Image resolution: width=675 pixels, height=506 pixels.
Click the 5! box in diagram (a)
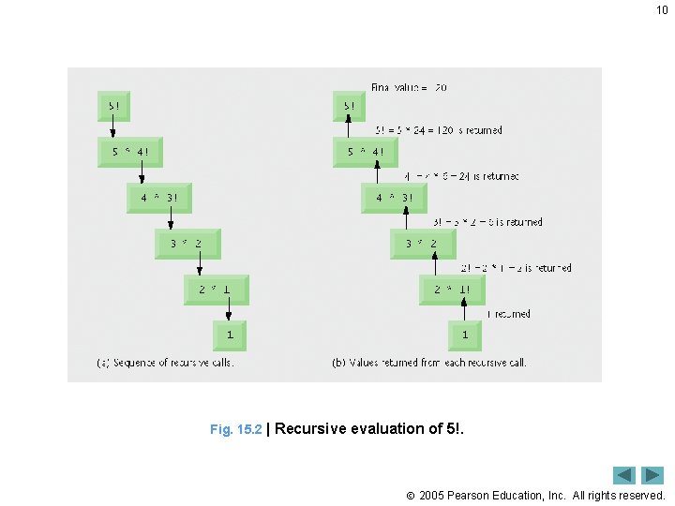[x=113, y=106]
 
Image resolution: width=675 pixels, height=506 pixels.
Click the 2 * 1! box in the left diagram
[x=217, y=290]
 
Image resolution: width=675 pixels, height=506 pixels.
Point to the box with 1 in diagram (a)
[x=231, y=334]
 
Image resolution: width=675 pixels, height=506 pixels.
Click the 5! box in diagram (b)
[x=349, y=106]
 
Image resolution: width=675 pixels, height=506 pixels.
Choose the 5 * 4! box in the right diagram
[x=366, y=152]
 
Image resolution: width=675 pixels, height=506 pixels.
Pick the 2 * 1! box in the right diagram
[x=452, y=290]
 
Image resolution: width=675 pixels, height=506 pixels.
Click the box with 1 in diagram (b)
[x=465, y=334]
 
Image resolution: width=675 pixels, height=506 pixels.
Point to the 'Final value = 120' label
[x=409, y=87]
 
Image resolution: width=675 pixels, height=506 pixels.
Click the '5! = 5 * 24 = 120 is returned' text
[x=439, y=130]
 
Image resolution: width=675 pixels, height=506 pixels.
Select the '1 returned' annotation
[x=508, y=314]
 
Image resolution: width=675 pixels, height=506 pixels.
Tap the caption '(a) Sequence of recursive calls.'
[x=165, y=363]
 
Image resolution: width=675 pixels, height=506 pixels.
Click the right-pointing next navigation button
[x=653, y=476]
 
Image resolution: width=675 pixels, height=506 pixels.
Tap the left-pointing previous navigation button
[x=625, y=476]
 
